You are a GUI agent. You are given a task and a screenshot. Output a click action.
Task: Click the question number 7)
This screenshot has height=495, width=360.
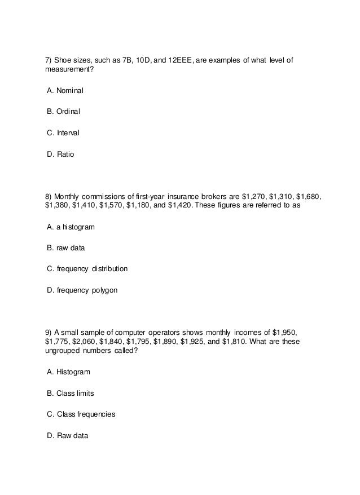click(x=49, y=60)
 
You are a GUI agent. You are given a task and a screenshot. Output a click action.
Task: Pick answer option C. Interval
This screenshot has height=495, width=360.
click(x=63, y=133)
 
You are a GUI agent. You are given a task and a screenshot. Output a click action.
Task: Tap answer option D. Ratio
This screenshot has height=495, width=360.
click(x=60, y=154)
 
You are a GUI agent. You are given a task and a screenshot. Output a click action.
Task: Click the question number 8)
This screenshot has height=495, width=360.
click(x=49, y=196)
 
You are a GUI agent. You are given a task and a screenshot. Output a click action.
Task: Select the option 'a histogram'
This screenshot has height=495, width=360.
click(x=71, y=227)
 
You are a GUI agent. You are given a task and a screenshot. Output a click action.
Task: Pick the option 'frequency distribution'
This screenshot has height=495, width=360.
click(x=87, y=269)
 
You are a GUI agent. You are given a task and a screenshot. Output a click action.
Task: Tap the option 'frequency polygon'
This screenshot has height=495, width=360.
click(x=83, y=290)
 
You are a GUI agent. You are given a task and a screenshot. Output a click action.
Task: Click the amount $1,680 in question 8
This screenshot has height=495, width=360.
click(x=309, y=196)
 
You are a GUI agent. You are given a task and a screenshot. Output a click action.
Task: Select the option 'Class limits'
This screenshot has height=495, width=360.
click(x=72, y=393)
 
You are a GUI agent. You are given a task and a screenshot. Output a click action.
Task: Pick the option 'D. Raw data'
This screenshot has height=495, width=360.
click(x=68, y=435)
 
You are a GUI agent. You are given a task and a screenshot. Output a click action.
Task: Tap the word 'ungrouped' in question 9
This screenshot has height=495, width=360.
click(x=63, y=351)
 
